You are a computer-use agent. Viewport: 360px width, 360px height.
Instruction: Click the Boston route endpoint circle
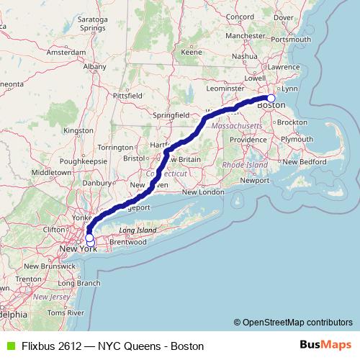pyautogui.click(x=271, y=99)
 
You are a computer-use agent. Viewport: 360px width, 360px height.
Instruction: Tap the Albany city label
pyautogui.click(x=94, y=66)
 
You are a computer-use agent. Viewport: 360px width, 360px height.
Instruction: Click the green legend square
pyautogui.click(x=9, y=346)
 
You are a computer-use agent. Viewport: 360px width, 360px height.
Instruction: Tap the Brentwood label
pyautogui.click(x=127, y=242)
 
